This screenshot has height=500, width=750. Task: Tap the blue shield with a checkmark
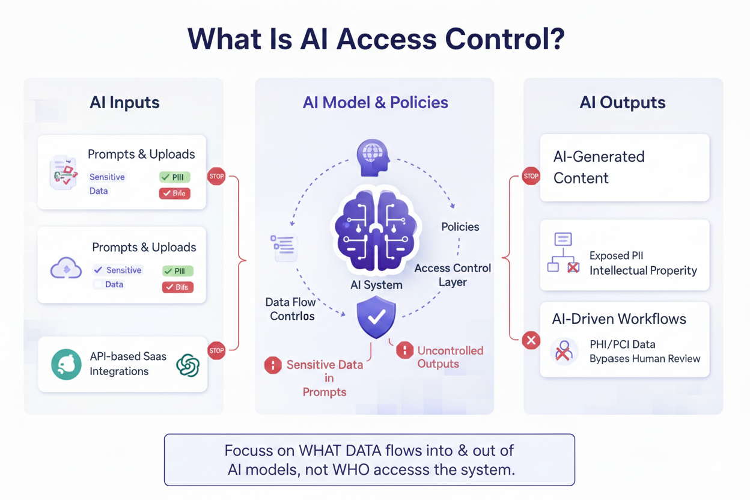point(376,317)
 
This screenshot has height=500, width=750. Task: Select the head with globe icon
point(373,157)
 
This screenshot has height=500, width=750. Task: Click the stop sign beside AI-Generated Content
point(531,176)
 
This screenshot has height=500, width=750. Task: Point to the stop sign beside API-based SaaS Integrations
point(216,350)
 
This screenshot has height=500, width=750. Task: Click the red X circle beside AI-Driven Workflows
point(531,341)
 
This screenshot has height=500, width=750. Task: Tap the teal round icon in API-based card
point(66,364)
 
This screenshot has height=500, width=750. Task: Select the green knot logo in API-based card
point(187,365)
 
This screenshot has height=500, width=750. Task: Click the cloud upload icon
point(66,268)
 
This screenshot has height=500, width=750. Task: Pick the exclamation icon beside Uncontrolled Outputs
point(404,350)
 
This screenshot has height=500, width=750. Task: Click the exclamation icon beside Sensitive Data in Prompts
point(273,365)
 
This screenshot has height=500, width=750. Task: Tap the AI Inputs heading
point(124,102)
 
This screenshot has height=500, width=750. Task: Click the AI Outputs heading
point(623,102)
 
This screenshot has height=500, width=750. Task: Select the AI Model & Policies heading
point(375,102)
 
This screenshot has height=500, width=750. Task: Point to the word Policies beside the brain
point(460,227)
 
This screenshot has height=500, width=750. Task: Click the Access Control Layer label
point(453,275)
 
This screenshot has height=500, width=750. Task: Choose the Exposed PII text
point(616,255)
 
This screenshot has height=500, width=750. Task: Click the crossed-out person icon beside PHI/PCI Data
point(564,351)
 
